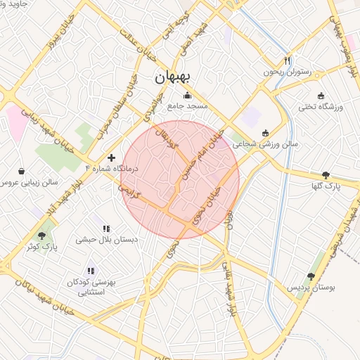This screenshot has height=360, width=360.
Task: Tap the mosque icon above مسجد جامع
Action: [186, 96]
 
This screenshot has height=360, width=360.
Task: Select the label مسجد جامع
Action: [187, 106]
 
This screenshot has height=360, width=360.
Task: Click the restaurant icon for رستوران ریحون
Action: [286, 61]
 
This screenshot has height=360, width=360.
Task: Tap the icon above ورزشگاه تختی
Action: [321, 96]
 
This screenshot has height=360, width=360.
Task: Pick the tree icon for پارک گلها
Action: [325, 175]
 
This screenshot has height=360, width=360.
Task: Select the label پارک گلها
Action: [325, 186]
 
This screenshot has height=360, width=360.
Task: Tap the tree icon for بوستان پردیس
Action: [311, 277]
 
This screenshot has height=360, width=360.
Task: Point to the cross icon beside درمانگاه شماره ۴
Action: [111, 157]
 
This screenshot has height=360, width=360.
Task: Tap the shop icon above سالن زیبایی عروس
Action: [21, 171]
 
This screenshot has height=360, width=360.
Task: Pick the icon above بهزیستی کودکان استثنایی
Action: [90, 271]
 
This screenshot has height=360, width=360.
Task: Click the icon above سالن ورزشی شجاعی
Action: [265, 133]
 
